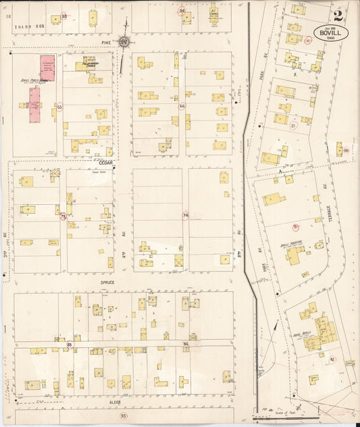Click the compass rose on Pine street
pos(125,42)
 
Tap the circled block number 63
pos(59,107)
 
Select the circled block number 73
pos(63,217)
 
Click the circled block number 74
pos(184,216)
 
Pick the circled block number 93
pos(123,416)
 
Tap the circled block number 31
pos(295,227)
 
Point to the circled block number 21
pos(293,126)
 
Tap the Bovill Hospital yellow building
pos(294,255)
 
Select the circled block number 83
pos(69,345)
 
